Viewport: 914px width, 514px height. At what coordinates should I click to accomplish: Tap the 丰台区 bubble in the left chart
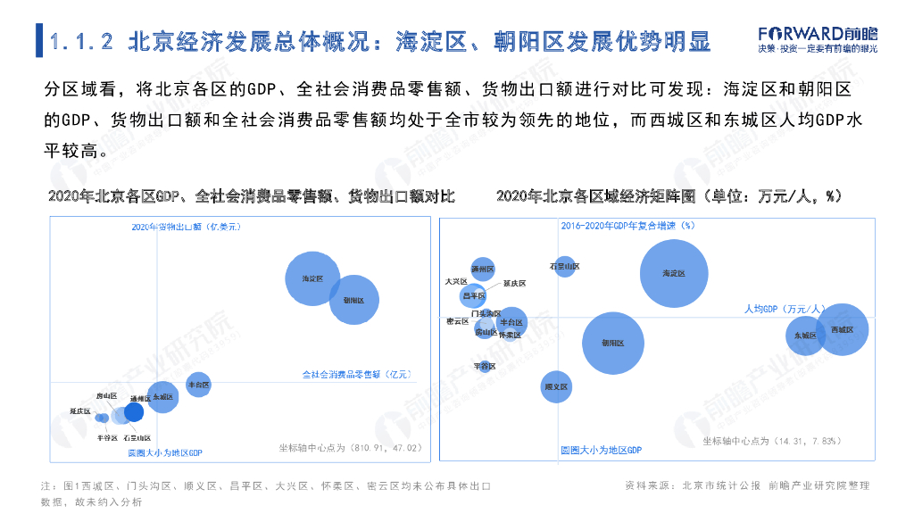198,385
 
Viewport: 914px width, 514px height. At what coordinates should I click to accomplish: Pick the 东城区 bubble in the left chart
162,396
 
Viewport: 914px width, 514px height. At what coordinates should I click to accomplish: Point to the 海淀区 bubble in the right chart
674,274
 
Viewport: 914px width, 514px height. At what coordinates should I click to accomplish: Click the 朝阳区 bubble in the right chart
613,343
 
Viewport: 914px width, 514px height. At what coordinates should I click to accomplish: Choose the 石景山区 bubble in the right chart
565,266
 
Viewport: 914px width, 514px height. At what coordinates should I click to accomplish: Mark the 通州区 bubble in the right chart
483,268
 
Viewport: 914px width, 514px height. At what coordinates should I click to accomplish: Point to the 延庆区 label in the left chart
80,411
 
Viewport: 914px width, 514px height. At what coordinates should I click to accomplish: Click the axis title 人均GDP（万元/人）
784,309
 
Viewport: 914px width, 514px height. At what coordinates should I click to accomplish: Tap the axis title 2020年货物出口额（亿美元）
187,227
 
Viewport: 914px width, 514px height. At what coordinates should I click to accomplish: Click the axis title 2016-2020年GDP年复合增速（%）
627,226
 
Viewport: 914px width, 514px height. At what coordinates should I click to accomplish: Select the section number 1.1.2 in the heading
81,41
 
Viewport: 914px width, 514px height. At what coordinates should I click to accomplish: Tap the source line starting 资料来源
746,485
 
